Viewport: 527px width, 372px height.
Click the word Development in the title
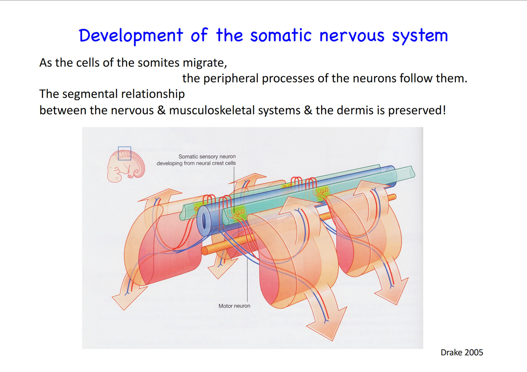(131, 36)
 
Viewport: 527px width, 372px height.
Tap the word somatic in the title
(281, 36)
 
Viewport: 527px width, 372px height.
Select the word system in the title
(420, 36)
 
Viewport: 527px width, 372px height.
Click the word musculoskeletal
(235, 110)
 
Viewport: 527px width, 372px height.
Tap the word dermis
(355, 110)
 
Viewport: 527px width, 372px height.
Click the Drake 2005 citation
(462, 352)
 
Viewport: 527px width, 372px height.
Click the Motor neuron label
(234, 306)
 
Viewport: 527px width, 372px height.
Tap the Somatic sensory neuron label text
(207, 157)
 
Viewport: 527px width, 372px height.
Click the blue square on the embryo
(124, 153)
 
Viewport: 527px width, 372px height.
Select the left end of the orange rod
(205, 250)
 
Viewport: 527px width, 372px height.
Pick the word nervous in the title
(352, 36)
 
